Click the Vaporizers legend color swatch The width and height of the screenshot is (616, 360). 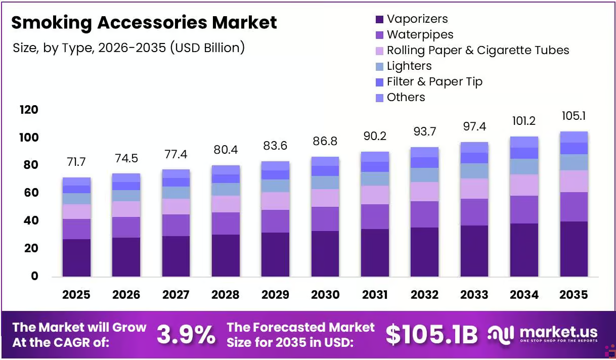tap(379, 20)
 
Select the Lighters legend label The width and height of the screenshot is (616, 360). tap(409, 66)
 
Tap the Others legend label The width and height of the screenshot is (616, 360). tap(406, 98)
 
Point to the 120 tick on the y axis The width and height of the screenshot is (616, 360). tap(29, 110)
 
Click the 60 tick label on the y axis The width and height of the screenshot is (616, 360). tap(31, 193)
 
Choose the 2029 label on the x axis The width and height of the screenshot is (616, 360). tap(275, 295)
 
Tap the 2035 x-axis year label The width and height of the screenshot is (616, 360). tap(574, 295)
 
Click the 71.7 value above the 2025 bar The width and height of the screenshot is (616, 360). tap(76, 162)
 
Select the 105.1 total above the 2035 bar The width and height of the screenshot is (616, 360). tap(574, 116)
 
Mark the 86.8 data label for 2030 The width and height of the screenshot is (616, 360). tap(325, 142)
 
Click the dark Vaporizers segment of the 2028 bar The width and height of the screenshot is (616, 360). tap(226, 255)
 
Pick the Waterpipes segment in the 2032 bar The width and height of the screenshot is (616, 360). tap(425, 214)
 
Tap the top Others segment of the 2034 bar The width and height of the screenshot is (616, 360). tap(524, 142)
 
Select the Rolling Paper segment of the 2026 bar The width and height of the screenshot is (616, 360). tap(126, 209)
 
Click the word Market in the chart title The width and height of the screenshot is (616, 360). tap(244, 23)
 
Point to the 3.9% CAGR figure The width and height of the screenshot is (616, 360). tap(186, 334)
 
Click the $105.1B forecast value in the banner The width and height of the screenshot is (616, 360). tap(431, 335)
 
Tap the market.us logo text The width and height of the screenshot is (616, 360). tap(558, 332)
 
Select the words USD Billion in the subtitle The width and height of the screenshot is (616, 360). tap(207, 48)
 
